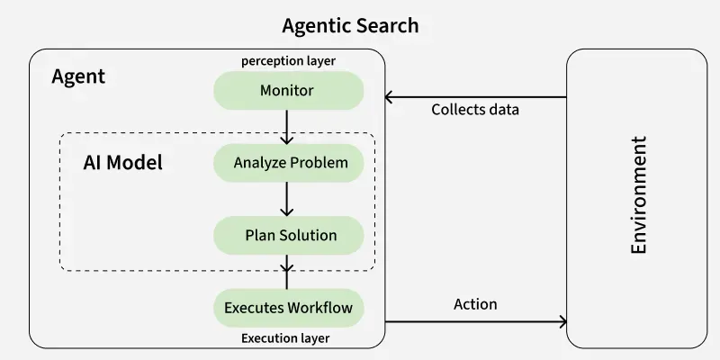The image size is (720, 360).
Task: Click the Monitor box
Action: tap(288, 91)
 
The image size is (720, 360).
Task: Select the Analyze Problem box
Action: tap(288, 163)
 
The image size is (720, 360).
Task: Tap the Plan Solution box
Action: tap(288, 235)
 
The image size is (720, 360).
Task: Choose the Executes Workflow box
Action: tap(288, 308)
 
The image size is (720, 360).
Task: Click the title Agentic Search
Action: tap(350, 25)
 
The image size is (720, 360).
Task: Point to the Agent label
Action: tap(78, 76)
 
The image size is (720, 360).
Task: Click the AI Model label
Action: tap(122, 164)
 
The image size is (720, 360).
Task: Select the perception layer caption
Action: tap(288, 61)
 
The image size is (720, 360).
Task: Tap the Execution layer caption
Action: tap(285, 338)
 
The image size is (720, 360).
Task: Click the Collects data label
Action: tap(475, 110)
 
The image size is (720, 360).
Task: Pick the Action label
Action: tap(475, 304)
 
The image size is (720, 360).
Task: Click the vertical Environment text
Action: tap(639, 196)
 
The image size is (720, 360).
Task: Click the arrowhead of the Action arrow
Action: tap(562, 321)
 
